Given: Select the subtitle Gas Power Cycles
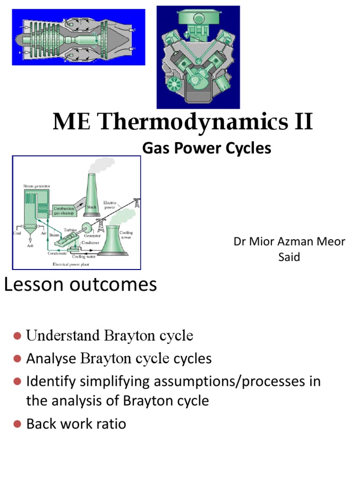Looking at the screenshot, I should coord(207,148).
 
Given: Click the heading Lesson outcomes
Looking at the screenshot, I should coord(81,285).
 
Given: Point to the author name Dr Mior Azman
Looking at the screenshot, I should coord(289,242).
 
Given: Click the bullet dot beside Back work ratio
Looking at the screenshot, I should coord(17,424).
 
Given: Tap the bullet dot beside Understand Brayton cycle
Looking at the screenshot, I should coord(17,336).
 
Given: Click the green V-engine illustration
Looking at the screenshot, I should coord(198,57).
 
